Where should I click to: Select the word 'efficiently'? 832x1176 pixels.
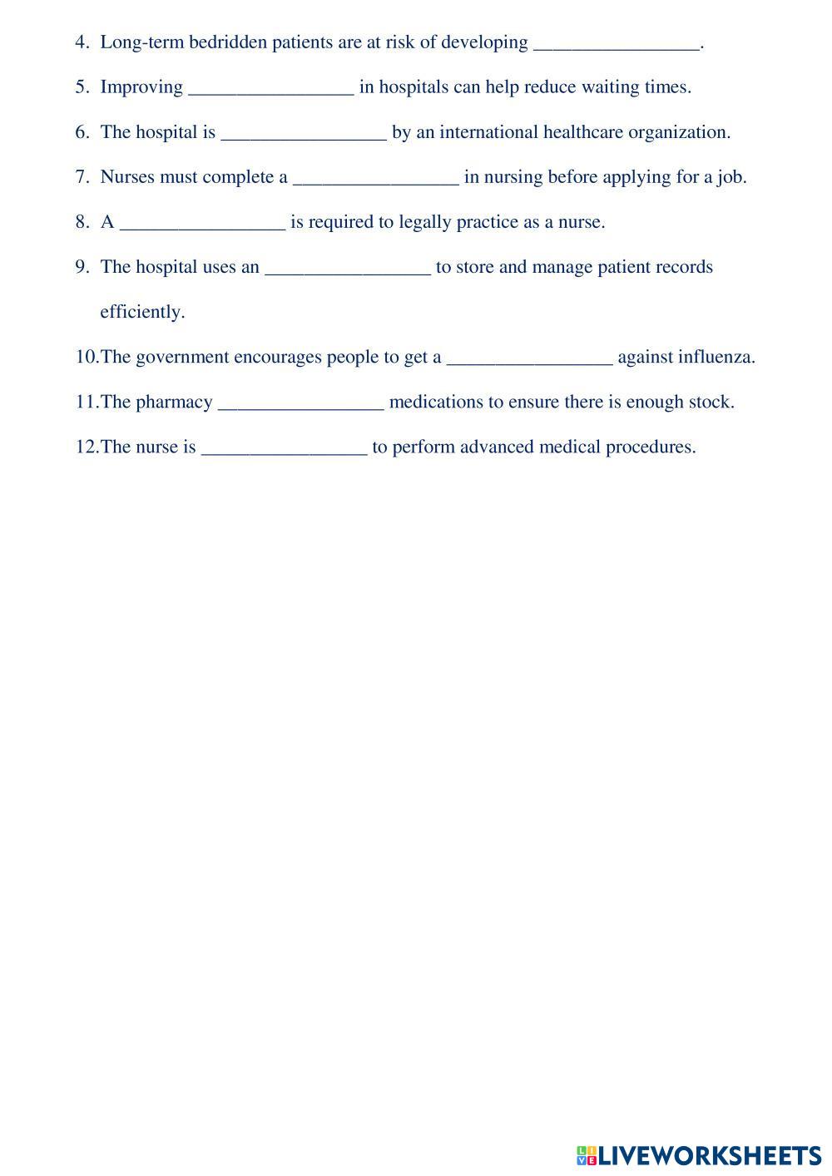pos(141,312)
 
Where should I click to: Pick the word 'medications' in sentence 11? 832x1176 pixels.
pos(436,402)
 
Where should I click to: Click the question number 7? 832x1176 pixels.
pos(82,177)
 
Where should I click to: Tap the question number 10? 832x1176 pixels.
pos(87,357)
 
